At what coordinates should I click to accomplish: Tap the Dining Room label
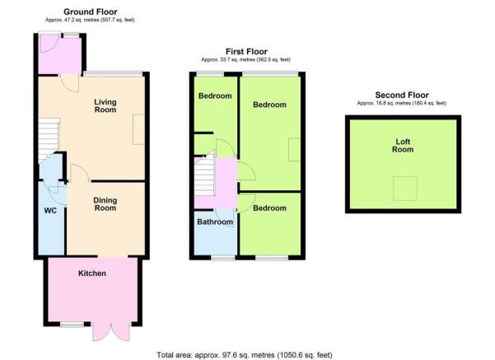click(105, 204)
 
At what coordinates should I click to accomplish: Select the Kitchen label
click(91, 273)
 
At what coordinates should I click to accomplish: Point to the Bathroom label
click(214, 222)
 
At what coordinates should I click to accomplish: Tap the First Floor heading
click(245, 51)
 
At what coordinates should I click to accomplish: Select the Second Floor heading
click(401, 95)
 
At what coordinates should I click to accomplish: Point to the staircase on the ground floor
click(49, 135)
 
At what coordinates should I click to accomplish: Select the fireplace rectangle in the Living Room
click(138, 127)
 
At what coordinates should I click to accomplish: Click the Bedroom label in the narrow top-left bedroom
click(213, 96)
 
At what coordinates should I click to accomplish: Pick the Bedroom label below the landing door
click(269, 208)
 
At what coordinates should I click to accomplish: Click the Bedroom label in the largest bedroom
click(269, 105)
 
